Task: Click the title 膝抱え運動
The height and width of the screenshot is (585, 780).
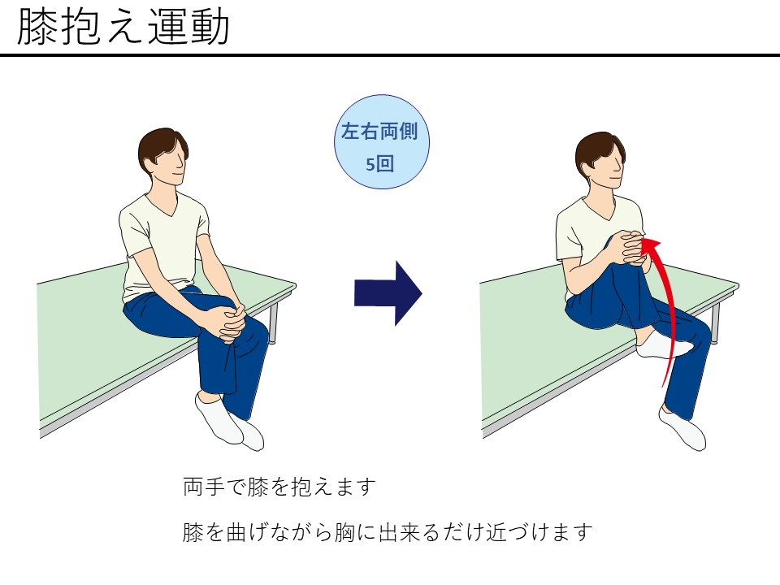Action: click(x=123, y=28)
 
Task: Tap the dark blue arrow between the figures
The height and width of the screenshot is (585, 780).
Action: click(x=388, y=293)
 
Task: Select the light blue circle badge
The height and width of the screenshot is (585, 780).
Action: click(x=382, y=141)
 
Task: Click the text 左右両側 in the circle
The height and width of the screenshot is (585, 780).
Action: click(x=379, y=132)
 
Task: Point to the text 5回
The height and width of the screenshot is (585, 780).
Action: click(x=379, y=163)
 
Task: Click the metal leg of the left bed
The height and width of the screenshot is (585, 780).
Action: click(x=273, y=323)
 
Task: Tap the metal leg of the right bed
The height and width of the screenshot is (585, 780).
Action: click(x=715, y=323)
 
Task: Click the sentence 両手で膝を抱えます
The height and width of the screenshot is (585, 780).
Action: click(x=279, y=487)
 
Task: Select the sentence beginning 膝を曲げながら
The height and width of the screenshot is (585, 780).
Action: click(x=388, y=532)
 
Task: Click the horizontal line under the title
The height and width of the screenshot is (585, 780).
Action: click(x=390, y=54)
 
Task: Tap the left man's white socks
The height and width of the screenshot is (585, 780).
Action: click(x=229, y=422)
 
